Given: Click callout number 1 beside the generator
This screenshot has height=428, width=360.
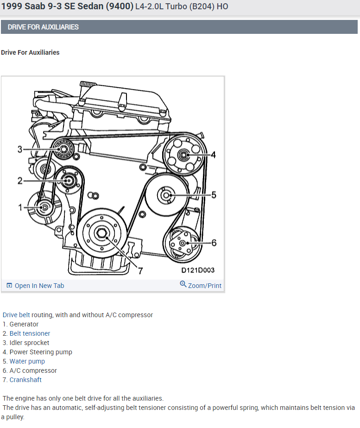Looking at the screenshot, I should pos(20,207).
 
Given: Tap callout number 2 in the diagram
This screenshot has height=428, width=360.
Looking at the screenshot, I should pos(20,180).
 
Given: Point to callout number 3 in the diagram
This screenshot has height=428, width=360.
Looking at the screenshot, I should pos(20,149).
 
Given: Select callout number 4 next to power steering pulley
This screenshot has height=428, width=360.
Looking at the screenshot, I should pos(213,155).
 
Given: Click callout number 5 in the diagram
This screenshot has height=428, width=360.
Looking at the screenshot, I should pos(214,195).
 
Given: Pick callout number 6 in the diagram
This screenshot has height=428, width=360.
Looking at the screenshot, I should pos(214,243).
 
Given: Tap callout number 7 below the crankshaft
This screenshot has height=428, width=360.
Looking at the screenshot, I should pos(140,271).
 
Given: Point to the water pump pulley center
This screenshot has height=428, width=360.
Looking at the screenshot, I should pos(166,195).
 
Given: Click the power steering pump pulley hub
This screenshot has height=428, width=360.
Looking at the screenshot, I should pos(183,154).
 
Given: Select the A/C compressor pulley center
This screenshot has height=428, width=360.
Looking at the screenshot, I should pos(182,243).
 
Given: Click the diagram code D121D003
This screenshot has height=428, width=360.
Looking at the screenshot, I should pos(198,270).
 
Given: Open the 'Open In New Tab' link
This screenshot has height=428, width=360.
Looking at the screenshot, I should pos(39,286).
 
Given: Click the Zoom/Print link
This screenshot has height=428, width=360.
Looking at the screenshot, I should pos(204,286).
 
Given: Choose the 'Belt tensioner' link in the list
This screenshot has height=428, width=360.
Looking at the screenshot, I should pos(30,333).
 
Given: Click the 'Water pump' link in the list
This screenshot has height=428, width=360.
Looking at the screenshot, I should pos(27,361).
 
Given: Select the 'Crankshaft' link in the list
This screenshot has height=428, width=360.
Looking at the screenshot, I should pos(25,380).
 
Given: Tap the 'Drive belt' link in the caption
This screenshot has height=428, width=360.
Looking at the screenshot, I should pos(16,315).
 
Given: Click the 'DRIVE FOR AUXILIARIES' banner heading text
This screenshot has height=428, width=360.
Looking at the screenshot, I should pos(43,27).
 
